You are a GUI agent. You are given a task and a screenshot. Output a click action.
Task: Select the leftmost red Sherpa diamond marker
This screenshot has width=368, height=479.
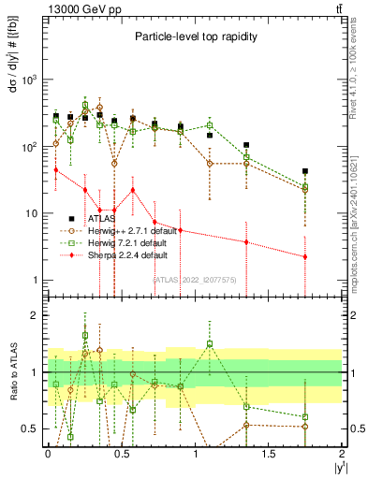[56, 169]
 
